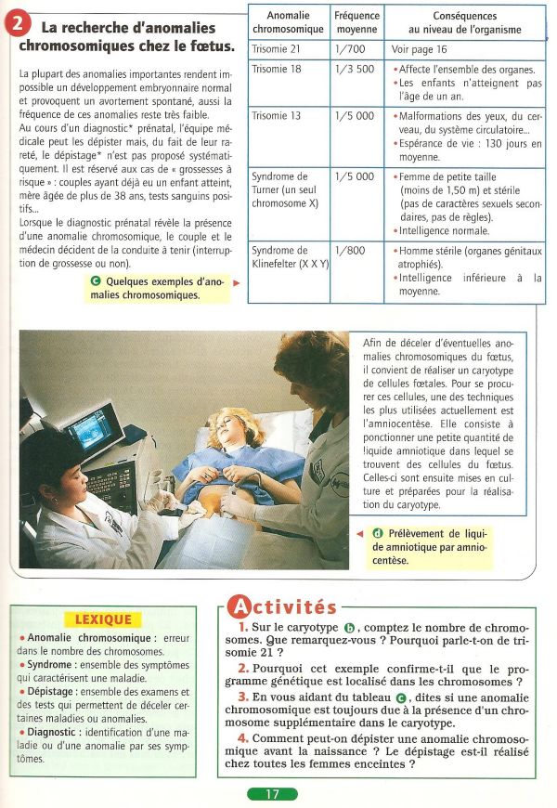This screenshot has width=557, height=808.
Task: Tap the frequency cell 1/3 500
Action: (x=353, y=70)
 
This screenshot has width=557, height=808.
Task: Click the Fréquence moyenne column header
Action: (x=356, y=22)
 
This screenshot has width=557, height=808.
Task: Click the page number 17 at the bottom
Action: (x=272, y=794)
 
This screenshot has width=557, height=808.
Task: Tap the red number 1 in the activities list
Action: (x=241, y=629)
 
